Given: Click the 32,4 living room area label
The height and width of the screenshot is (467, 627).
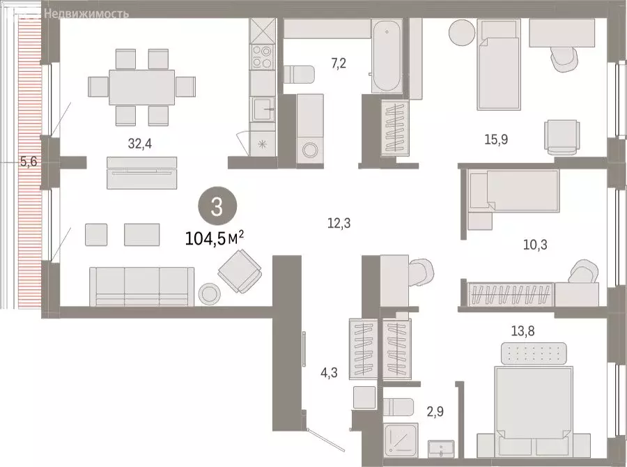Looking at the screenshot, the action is [140, 144].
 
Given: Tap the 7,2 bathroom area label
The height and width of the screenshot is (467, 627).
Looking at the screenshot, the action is [339, 63].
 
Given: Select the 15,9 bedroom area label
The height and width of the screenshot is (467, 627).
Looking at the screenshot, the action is [496, 139].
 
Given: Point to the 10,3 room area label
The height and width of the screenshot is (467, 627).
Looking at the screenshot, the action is [536, 245].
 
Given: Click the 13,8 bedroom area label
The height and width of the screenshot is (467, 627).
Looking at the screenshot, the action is [523, 331].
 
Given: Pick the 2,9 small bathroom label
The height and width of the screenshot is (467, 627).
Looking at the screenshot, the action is [435, 412].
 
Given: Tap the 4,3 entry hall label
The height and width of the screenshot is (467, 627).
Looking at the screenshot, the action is [329, 373].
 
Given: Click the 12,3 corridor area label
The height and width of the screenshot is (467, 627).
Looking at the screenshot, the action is [339, 223].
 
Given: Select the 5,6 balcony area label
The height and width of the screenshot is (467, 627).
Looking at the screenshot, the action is [29, 162].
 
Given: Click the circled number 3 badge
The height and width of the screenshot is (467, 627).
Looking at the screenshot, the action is [217, 207].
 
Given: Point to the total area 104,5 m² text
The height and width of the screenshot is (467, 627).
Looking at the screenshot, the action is [215, 239].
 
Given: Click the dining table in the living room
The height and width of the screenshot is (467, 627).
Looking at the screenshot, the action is [142, 87].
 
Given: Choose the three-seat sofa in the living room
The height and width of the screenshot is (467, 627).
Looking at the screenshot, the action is [142, 287].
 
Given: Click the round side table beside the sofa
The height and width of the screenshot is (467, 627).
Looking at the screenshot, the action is [210, 294].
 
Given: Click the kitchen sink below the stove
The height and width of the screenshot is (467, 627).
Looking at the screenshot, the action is [263, 109].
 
